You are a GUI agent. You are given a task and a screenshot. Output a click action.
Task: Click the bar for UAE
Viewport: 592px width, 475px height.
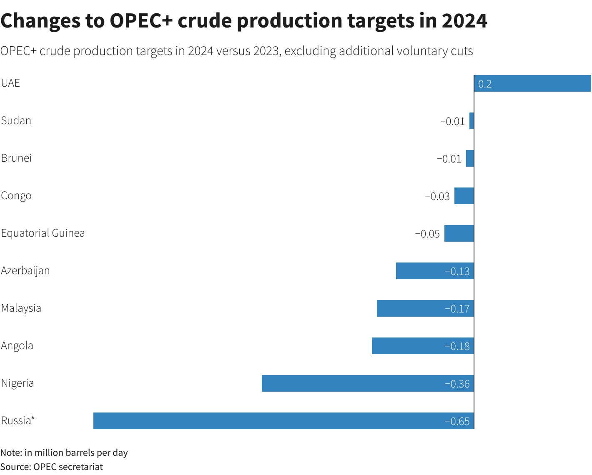point(532,83)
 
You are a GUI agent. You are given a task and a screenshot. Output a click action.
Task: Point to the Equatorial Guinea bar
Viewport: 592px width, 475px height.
point(459,233)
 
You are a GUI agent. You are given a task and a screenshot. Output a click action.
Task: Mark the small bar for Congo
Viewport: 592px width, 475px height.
point(464,196)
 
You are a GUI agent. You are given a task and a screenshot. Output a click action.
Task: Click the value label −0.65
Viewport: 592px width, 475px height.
point(457,421)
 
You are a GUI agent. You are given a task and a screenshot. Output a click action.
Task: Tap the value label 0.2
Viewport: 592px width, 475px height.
point(485,84)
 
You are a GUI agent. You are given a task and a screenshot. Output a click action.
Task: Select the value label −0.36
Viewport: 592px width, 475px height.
point(457,384)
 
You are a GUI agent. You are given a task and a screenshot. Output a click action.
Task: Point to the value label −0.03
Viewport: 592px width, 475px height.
point(437,196)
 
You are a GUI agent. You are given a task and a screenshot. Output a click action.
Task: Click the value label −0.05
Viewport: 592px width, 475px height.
point(427,234)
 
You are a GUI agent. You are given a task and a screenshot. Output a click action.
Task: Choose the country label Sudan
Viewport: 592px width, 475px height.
point(16,120)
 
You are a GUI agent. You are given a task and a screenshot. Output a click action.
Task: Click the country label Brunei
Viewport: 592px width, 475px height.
point(17,158)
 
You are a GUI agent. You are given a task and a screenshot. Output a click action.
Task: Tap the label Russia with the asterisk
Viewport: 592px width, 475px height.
point(18,420)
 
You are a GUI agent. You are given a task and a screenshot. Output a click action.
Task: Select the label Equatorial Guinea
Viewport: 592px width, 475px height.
point(43,233)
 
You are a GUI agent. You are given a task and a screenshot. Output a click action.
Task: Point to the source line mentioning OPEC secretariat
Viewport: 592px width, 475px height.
point(52,467)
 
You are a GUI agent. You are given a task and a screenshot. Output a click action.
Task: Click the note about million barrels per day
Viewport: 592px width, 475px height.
point(64,452)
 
